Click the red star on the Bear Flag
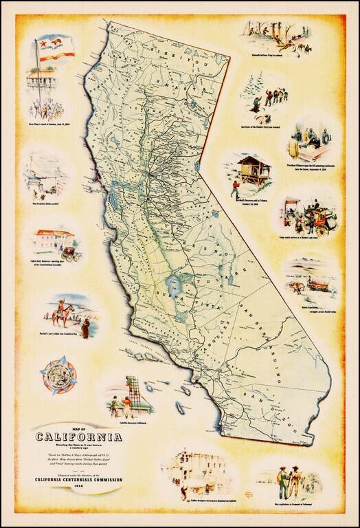tap(42, 45)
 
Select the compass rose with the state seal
tap(58, 375)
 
